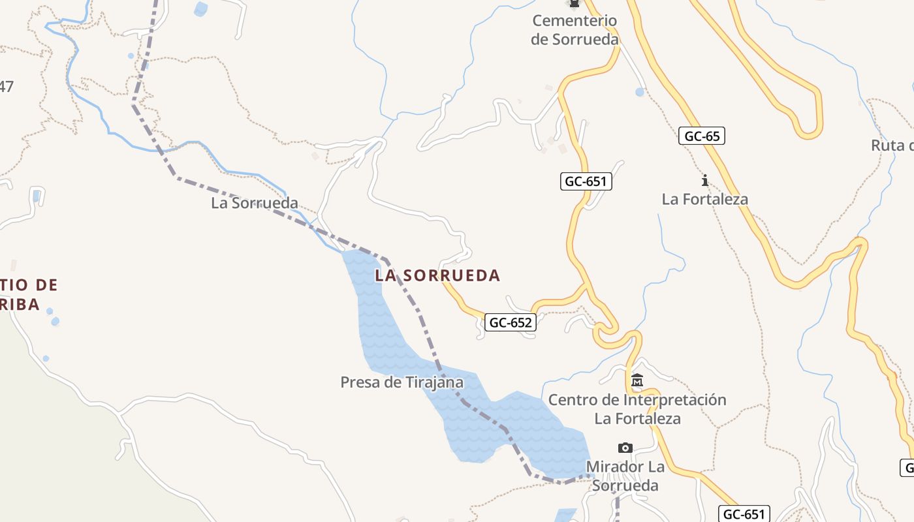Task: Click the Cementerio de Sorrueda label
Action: [575, 30]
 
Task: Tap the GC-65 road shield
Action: [702, 136]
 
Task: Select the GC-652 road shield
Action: [511, 322]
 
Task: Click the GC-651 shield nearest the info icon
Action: [586, 181]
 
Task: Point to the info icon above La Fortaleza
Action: [704, 180]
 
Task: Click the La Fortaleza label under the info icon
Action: [704, 199]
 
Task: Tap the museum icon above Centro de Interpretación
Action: [637, 380]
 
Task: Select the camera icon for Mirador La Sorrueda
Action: [625, 448]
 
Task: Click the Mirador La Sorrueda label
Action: [625, 476]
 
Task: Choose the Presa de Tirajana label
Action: [402, 382]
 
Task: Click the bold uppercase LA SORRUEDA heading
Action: [437, 276]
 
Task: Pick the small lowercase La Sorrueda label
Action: [255, 204]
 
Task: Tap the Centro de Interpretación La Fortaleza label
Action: [637, 409]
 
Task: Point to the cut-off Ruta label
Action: [892, 146]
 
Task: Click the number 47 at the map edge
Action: [7, 86]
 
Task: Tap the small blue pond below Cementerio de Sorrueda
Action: [640, 92]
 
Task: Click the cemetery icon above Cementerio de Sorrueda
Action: [575, 4]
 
